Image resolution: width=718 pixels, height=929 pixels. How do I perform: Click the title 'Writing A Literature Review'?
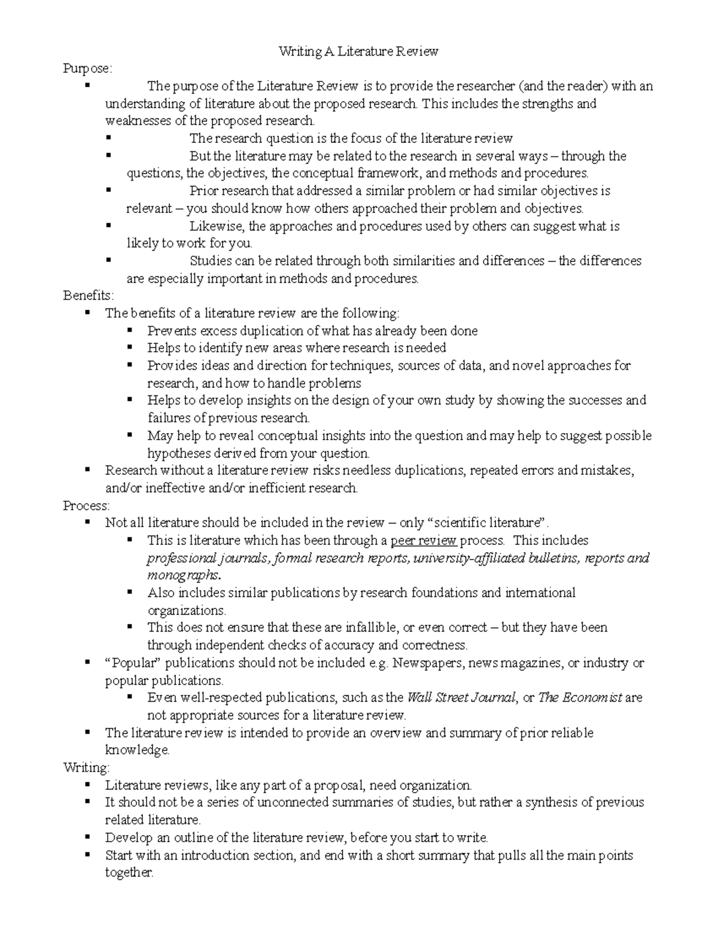pyautogui.click(x=358, y=51)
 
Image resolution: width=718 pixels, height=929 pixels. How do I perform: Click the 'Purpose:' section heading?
pyautogui.click(x=87, y=69)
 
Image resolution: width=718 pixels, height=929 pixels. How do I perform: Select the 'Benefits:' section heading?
pyautogui.click(x=88, y=296)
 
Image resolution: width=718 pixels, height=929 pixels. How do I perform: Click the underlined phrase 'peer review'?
pyautogui.click(x=424, y=541)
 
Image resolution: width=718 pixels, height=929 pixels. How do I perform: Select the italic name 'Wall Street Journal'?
pyautogui.click(x=461, y=697)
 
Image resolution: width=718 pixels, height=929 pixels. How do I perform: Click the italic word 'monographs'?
pyautogui.click(x=183, y=575)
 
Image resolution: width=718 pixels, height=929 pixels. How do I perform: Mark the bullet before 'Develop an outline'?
pyautogui.click(x=87, y=836)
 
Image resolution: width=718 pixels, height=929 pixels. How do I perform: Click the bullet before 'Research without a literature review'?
pyautogui.click(x=87, y=470)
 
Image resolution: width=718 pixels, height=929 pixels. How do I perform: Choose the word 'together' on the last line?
pyautogui.click(x=129, y=873)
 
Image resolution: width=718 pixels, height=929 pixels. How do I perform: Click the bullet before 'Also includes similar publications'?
pyautogui.click(x=130, y=592)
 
